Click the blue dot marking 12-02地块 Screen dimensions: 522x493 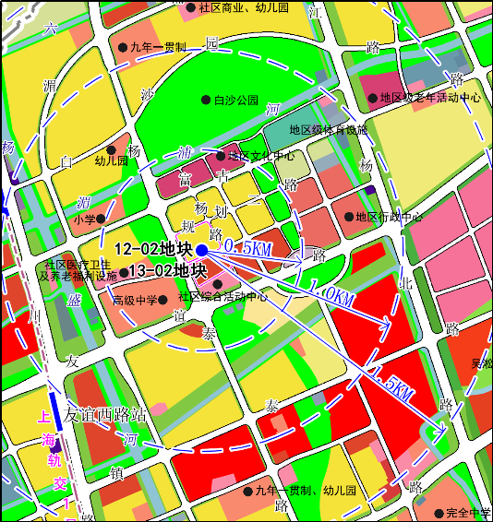pyautogui.click(x=201, y=249)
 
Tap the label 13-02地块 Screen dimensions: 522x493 pyautogui.click(x=167, y=270)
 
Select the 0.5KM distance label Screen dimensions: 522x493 pyautogui.click(x=246, y=248)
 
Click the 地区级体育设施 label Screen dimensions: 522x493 pyautogui.click(x=329, y=130)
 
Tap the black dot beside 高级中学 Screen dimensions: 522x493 pyautogui.click(x=162, y=300)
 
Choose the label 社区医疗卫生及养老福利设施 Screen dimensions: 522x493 pyautogui.click(x=78, y=269)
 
